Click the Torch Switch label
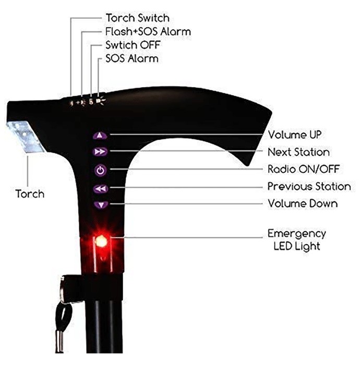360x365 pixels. click(137, 18)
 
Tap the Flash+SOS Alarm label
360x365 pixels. click(148, 31)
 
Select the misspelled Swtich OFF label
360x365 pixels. click(133, 45)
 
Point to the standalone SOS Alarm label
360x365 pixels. click(132, 58)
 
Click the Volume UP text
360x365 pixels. click(295, 135)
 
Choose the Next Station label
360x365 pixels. click(298, 152)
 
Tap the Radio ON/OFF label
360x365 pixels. click(304, 169)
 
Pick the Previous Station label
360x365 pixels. click(309, 186)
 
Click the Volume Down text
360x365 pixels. click(303, 203)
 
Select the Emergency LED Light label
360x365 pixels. click(297, 240)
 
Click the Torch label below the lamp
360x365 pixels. click(30, 193)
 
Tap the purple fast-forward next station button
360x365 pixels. click(100, 152)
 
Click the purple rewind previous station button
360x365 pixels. click(101, 189)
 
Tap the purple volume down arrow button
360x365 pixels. click(101, 205)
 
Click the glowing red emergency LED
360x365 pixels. click(102, 241)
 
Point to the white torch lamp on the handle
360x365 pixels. click(25, 137)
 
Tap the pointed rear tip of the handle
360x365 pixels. click(248, 164)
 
